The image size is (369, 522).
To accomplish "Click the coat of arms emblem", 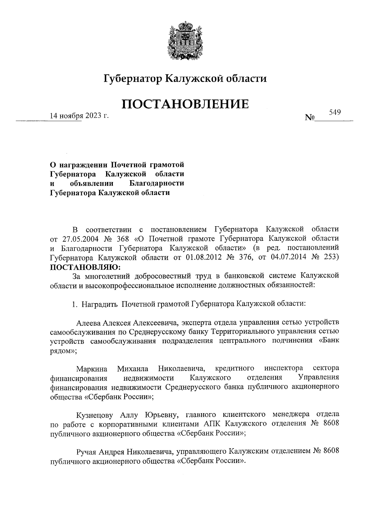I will [x=184, y=40].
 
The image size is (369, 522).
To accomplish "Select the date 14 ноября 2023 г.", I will [x=80, y=116].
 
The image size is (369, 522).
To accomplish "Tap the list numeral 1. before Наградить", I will [x=74, y=304].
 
